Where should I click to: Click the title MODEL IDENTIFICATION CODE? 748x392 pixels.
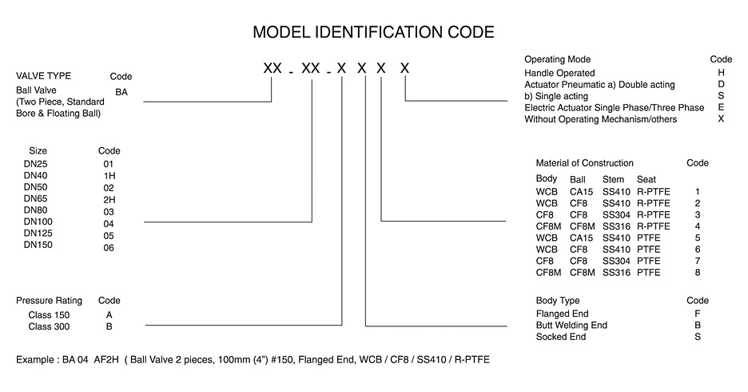[x=373, y=32]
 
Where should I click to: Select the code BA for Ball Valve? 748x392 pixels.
[x=121, y=92]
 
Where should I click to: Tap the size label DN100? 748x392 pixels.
[x=38, y=222]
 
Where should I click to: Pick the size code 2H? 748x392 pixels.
[x=109, y=199]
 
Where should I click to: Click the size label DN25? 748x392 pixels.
[x=36, y=164]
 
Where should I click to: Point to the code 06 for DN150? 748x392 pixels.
[x=109, y=247]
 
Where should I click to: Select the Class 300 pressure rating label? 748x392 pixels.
[x=49, y=326]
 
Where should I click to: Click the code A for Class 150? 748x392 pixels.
[x=109, y=315]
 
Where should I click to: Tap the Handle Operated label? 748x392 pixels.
[x=559, y=73]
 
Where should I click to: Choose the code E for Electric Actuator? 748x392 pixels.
[x=721, y=107]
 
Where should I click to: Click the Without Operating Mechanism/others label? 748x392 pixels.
[x=601, y=119]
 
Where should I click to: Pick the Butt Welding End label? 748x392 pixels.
[x=571, y=325]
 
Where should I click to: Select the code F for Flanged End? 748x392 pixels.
[x=698, y=314]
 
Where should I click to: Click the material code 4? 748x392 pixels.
[x=698, y=226]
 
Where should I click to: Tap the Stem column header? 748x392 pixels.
[x=613, y=179]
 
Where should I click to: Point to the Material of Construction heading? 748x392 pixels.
[x=584, y=163]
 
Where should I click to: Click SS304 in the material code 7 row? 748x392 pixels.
[x=616, y=261]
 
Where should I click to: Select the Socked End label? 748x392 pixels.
[x=561, y=337]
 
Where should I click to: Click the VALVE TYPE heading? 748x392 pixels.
[x=43, y=76]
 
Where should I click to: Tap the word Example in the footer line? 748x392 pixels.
[x=35, y=359]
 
